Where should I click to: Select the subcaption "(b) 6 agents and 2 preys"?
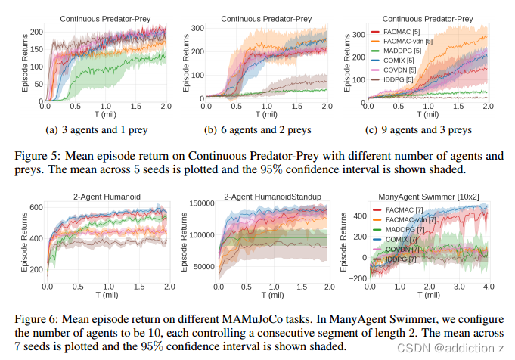[258, 129]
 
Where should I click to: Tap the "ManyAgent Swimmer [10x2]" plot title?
[423, 197]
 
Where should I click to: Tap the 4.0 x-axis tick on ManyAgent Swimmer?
[489, 288]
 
